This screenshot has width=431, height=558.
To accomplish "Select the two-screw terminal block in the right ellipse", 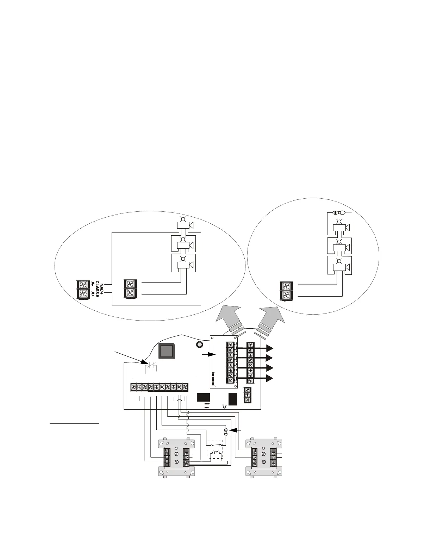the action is (x=286, y=291).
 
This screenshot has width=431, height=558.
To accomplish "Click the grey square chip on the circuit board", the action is (x=166, y=352).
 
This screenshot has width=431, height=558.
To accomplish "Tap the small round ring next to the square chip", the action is (x=199, y=344).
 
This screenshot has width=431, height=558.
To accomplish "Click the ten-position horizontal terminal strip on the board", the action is (x=159, y=387).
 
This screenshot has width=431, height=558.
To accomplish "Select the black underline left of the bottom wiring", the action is (x=75, y=423).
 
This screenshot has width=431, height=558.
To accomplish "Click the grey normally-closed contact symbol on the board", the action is (x=152, y=367).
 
